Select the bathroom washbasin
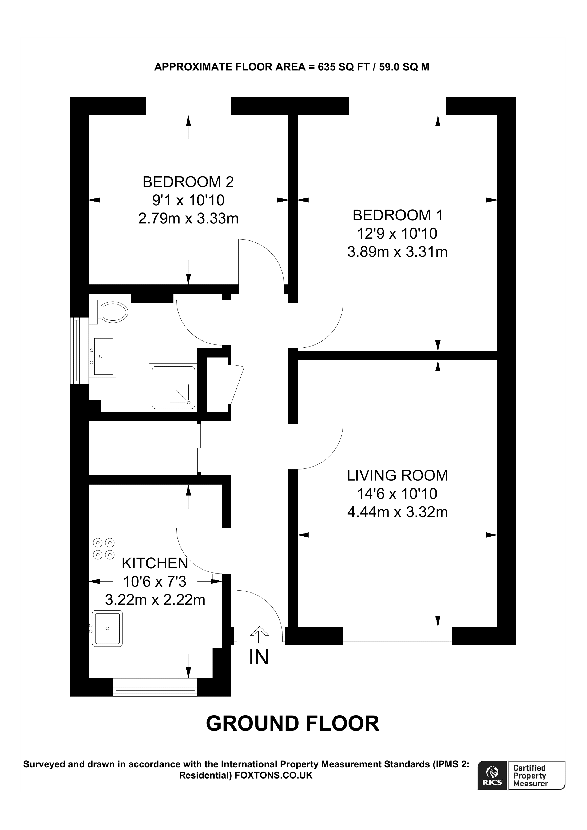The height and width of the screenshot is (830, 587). point(103,356)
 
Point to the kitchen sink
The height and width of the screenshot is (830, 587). point(108,628)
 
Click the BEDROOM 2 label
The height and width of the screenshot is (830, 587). point(188,182)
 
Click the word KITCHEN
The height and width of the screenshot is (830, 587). point(155,563)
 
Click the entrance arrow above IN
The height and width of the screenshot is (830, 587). point(259,634)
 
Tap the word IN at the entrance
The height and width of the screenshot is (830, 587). point(259,657)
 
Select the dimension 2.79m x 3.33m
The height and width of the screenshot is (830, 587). point(188,219)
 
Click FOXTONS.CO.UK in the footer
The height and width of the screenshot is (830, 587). point(274,775)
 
